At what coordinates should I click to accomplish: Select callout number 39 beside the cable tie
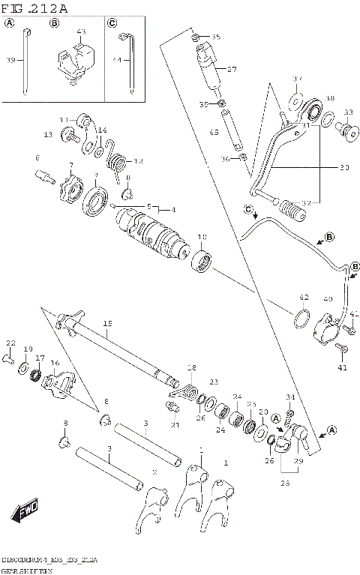[10, 60]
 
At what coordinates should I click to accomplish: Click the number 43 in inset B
[81, 31]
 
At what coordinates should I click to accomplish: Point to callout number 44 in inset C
[116, 60]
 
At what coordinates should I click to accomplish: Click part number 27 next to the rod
[232, 69]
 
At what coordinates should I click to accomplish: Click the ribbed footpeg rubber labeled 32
[290, 207]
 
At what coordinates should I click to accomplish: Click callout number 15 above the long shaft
[107, 323]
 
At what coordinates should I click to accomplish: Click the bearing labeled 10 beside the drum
[202, 263]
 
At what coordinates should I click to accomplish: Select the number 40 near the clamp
[328, 299]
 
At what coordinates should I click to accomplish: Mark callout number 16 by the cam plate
[54, 363]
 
